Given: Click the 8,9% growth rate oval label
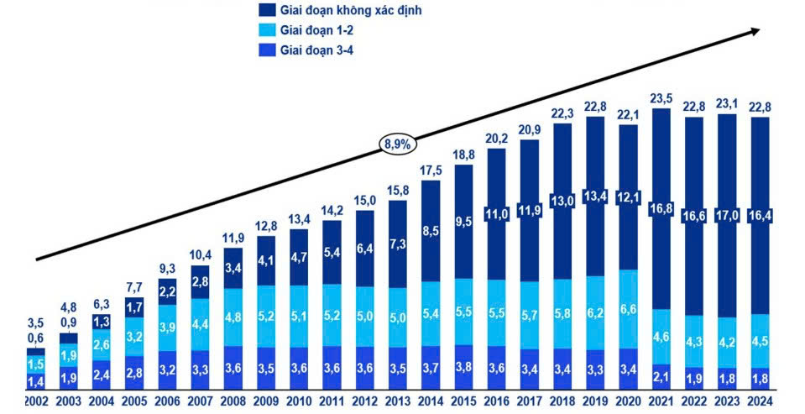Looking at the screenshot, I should [x=398, y=144].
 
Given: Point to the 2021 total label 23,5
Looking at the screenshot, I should [x=662, y=97].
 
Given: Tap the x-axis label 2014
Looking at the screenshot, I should [x=430, y=401].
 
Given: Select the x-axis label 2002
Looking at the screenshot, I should [x=36, y=401].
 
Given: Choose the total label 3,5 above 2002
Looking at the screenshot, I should [x=36, y=322].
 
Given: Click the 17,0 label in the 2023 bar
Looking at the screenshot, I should [x=728, y=214].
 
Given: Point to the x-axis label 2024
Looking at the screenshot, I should [x=760, y=401].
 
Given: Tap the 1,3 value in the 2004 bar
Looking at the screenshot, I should [x=101, y=322].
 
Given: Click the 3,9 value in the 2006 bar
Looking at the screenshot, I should [x=168, y=327].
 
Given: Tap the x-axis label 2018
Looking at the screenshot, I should [x=562, y=401].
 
